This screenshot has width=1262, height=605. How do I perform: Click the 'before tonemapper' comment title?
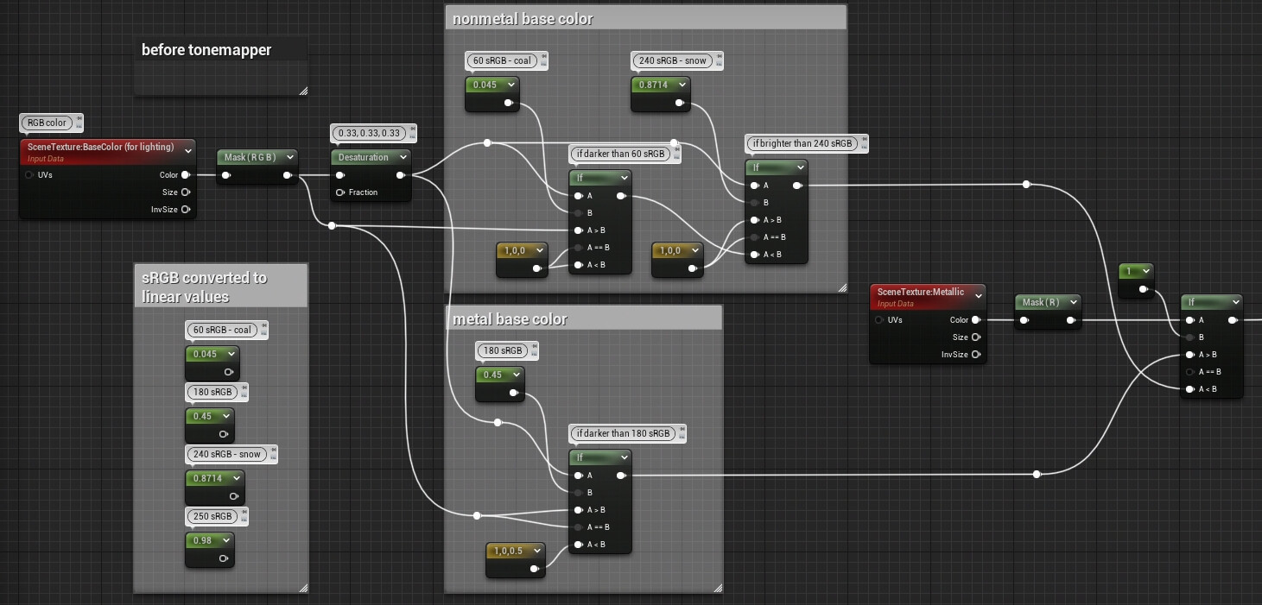[x=206, y=50]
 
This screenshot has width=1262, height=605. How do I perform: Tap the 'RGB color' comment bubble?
[x=47, y=123]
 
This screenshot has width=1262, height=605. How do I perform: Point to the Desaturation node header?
[x=363, y=157]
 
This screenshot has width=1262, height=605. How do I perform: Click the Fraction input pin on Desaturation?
[x=340, y=192]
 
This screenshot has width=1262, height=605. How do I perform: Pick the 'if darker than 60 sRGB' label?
[x=619, y=154]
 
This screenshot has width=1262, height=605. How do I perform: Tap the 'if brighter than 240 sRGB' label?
[x=802, y=143]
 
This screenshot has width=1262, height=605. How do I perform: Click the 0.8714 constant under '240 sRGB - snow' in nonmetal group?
[x=661, y=85]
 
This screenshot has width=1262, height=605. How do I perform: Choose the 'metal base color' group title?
[x=510, y=319]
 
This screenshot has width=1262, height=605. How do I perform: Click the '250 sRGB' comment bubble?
[x=212, y=516]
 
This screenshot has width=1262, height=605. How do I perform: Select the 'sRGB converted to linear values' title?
[x=205, y=287]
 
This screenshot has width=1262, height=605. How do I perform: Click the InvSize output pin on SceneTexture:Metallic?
[x=975, y=355]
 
